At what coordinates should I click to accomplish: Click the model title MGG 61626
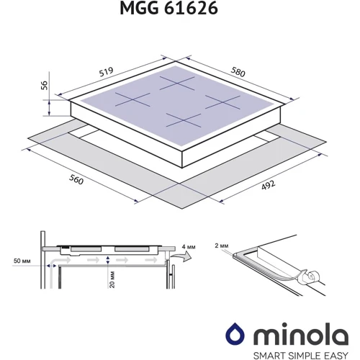pyautogui.click(x=168, y=8)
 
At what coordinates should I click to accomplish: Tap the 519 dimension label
pyautogui.click(x=107, y=72)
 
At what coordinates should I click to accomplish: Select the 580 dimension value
pyautogui.click(x=238, y=72)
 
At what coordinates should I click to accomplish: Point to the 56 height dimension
pyautogui.click(x=45, y=86)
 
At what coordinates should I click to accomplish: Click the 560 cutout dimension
pyautogui.click(x=76, y=179)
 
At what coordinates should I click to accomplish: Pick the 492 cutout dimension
pyautogui.click(x=268, y=185)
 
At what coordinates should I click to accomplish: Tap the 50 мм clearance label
pyautogui.click(x=22, y=261)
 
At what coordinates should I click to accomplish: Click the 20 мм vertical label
pyautogui.click(x=112, y=279)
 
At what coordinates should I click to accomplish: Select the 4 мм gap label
pyautogui.click(x=189, y=247)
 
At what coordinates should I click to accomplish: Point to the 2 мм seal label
pyautogui.click(x=222, y=246)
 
